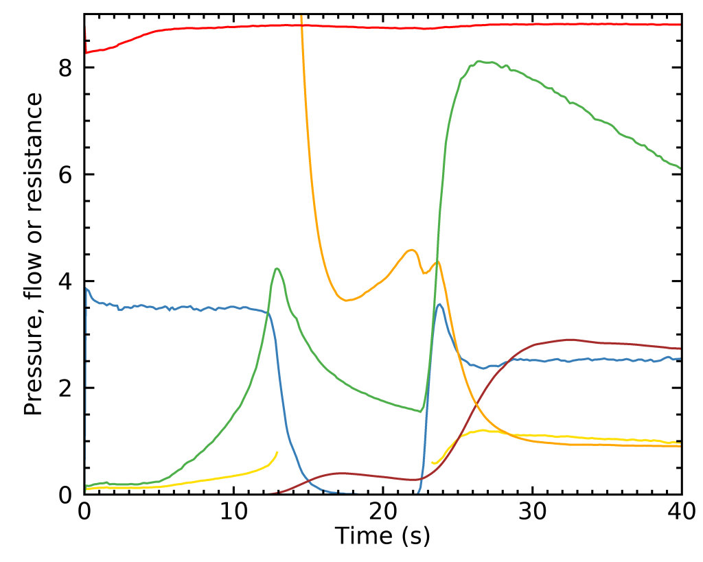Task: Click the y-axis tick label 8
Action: (x=66, y=68)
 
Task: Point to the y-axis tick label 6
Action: (x=66, y=174)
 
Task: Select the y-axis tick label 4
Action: (x=66, y=281)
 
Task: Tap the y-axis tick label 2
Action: (x=66, y=388)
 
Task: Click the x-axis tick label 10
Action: (x=233, y=512)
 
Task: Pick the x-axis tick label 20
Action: (x=382, y=512)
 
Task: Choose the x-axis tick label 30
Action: (x=532, y=512)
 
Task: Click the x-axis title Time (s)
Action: (x=382, y=536)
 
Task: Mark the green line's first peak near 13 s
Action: (x=277, y=268)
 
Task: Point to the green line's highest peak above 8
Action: (x=479, y=61)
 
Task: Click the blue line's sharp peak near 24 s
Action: (x=439, y=305)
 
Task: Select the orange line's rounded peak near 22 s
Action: (x=411, y=250)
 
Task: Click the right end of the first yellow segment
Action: (x=277, y=452)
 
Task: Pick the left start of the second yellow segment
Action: (x=432, y=463)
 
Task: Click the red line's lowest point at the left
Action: (x=85, y=53)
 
